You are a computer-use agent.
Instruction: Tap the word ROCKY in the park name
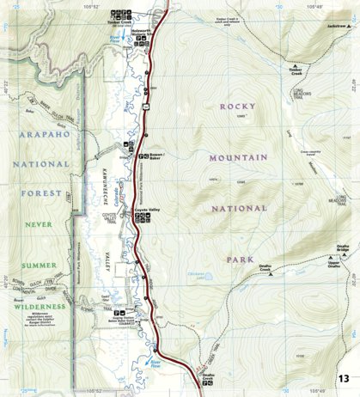pyautogui.click(x=238, y=107)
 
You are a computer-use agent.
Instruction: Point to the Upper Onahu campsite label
pyautogui.click(x=338, y=266)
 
